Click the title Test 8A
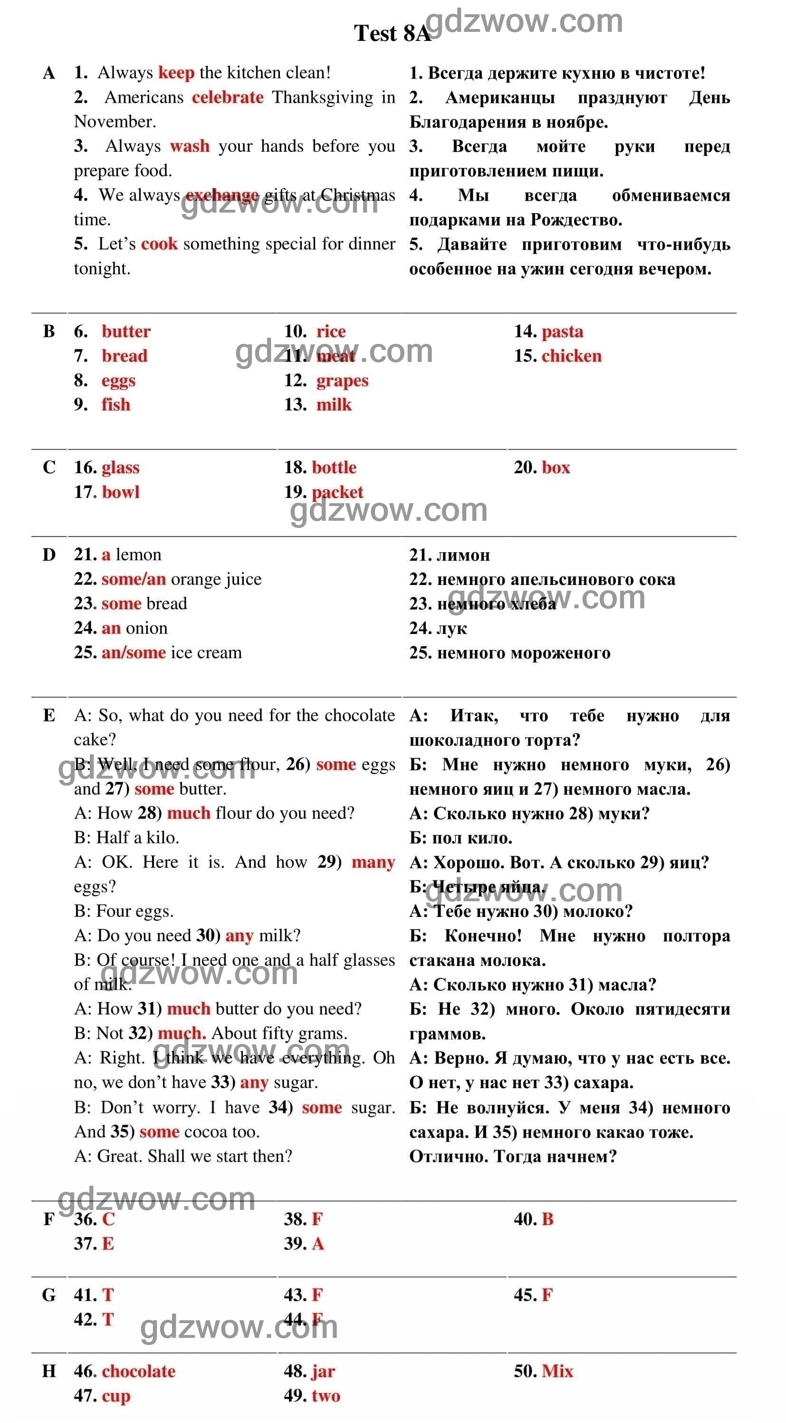tap(392, 34)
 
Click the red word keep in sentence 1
tap(176, 73)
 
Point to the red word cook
tap(159, 244)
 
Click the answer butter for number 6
tap(126, 331)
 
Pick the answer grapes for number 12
tap(342, 380)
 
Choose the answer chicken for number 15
tap(571, 356)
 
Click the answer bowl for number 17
tap(121, 492)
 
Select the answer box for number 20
tap(556, 468)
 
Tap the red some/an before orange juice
tap(134, 579)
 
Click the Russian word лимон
tap(463, 555)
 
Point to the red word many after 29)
tap(373, 862)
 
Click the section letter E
tap(49, 715)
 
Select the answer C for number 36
tap(109, 1219)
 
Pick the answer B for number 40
tap(547, 1219)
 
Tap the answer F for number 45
tap(547, 1296)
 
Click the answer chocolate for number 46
tap(139, 1371)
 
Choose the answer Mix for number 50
tap(557, 1371)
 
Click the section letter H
tap(49, 1371)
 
